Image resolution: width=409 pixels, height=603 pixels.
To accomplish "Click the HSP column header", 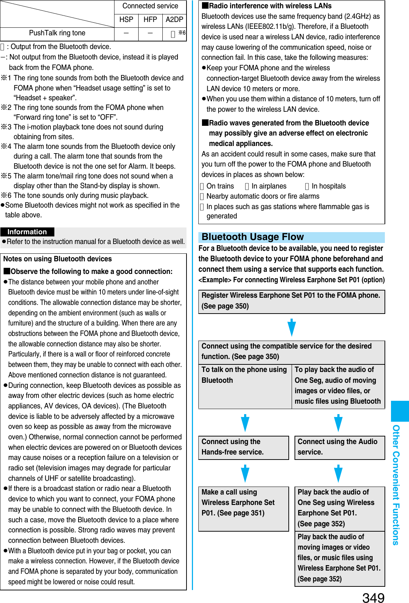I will (126, 20).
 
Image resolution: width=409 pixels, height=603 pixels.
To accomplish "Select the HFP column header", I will (150, 20).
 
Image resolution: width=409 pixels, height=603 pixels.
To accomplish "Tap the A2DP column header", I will (174, 20).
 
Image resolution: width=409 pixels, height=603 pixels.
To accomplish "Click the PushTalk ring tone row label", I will (57, 33).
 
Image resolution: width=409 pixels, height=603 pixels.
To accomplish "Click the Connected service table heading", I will (150, 6).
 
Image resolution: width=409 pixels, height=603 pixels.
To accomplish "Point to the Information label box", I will (27, 232).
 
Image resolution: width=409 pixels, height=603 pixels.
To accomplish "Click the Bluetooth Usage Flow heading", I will (253, 237).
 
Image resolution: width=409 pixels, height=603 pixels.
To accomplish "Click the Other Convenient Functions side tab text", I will (396, 485).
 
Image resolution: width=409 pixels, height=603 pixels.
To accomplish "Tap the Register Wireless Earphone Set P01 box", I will (291, 301).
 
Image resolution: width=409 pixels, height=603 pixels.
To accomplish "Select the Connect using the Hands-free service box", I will (243, 447).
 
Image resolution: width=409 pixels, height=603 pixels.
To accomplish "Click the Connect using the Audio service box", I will (340, 447).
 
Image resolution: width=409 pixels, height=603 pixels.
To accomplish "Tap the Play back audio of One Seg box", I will (340, 507).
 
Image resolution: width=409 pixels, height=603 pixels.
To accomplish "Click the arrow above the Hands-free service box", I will (245, 423).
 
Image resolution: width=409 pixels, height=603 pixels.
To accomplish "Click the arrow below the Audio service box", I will (338, 473).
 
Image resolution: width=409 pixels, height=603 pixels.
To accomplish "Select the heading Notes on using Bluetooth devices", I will (58, 259).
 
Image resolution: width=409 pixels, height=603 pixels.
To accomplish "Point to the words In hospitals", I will (328, 186).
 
